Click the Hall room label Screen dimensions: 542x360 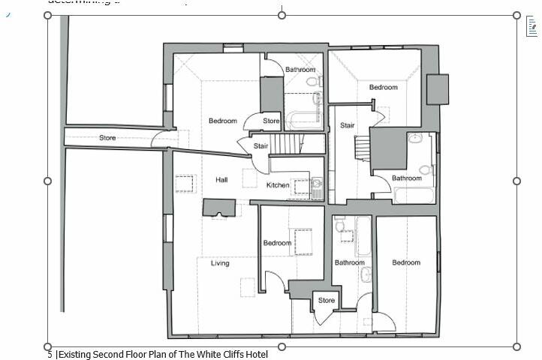click(221, 180)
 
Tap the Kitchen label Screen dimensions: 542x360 click(278, 185)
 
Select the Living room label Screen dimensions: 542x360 click(220, 263)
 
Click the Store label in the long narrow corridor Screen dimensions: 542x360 click(107, 138)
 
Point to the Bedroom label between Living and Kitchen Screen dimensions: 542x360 click(277, 243)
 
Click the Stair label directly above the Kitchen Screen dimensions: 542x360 click(261, 146)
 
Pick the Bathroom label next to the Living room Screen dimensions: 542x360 click(349, 262)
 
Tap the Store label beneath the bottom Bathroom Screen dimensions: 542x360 click(326, 301)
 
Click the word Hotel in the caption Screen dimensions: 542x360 click(254, 354)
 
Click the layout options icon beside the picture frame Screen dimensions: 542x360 click(531, 28)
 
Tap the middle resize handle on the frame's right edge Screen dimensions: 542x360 click(516, 181)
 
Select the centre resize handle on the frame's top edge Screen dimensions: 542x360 click(282, 15)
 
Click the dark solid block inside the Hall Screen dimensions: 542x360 click(219, 207)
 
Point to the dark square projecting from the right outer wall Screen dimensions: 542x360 click(437, 89)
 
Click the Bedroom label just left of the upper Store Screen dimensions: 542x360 click(223, 121)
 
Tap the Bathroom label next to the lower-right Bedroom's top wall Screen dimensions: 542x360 click(407, 178)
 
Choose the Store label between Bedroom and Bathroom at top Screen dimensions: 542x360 click(271, 121)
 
